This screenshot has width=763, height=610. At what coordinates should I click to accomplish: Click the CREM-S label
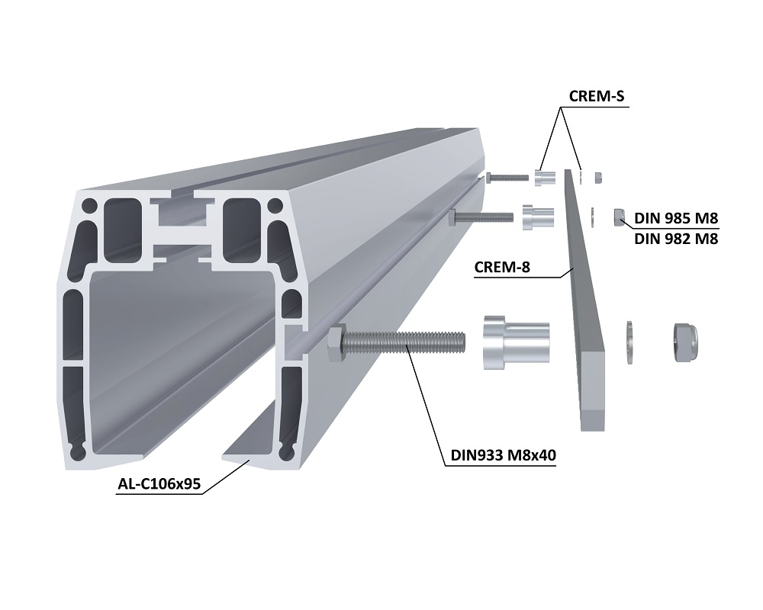pos(596,96)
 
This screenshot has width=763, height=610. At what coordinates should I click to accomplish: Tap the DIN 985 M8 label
pos(676,218)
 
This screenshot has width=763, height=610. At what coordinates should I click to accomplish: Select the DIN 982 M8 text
pos(676,239)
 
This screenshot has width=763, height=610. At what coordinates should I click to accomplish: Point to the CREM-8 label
pos(502,267)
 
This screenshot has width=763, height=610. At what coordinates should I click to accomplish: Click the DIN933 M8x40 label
pos(503,455)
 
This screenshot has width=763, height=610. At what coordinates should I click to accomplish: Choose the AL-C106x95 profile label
pos(159,484)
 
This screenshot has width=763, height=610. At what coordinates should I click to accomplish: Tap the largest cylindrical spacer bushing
pos(516,342)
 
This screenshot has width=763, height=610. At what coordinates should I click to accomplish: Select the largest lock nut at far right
pos(686,343)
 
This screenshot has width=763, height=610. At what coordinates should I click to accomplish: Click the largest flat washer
pos(629,342)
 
